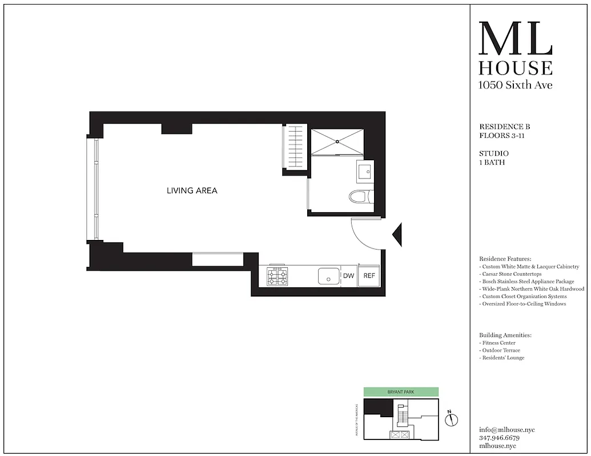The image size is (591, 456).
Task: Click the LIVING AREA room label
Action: (x=192, y=190)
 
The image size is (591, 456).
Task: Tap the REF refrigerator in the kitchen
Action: (x=369, y=276)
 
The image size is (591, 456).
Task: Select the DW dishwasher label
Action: (x=348, y=276)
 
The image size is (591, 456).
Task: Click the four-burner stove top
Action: (x=278, y=278)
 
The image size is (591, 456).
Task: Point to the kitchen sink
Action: (x=328, y=276)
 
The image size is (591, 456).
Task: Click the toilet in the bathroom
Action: (x=360, y=197)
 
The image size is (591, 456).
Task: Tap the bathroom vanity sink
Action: (x=365, y=170)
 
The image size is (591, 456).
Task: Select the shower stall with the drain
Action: (x=337, y=141)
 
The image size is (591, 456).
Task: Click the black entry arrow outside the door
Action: (x=399, y=234)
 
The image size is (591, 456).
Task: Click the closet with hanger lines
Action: (x=295, y=148)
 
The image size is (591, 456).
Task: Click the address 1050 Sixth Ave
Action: (x=515, y=85)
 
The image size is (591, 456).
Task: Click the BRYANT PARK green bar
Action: (x=401, y=392)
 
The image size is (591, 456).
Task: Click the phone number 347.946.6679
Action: (x=500, y=438)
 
